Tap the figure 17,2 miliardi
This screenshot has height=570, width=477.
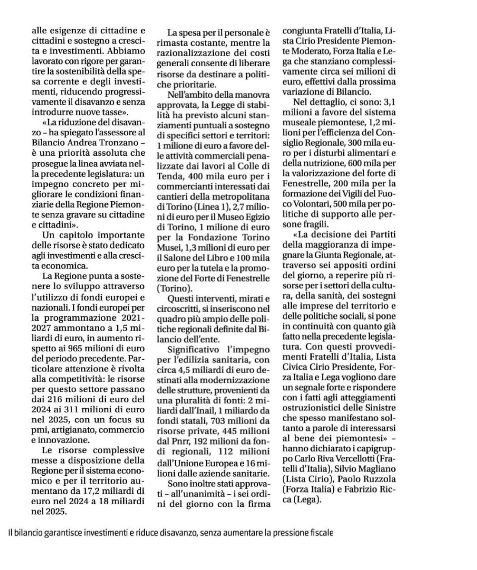97,491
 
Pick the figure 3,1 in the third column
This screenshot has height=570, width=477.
387,102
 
